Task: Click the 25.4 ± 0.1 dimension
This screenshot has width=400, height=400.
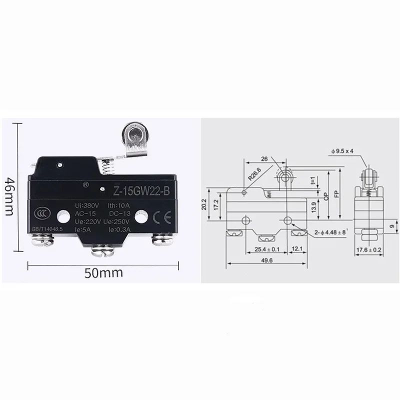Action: point(266,249)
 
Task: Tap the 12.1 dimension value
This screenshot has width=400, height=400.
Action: point(297,249)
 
